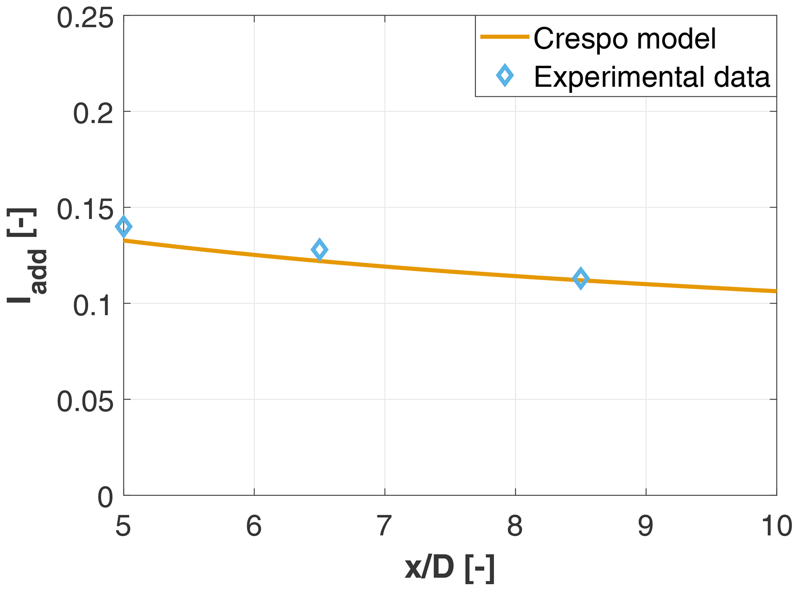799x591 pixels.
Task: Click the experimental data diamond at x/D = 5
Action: click(124, 226)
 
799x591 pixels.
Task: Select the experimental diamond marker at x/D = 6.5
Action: click(319, 250)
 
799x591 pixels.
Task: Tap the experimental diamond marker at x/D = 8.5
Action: click(581, 278)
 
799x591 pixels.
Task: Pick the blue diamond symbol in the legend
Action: click(505, 76)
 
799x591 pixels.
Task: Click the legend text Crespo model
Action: click(625, 39)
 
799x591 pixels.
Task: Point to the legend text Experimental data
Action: click(652, 77)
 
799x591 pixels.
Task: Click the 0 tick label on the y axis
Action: click(105, 498)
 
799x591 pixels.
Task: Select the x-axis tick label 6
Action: click(254, 526)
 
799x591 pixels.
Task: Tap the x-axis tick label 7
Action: click(385, 526)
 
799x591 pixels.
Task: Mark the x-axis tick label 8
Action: click(515, 526)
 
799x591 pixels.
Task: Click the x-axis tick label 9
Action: click(646, 526)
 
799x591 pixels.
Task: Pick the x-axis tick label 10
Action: click(776, 526)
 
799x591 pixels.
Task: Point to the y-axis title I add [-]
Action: click(27, 255)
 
